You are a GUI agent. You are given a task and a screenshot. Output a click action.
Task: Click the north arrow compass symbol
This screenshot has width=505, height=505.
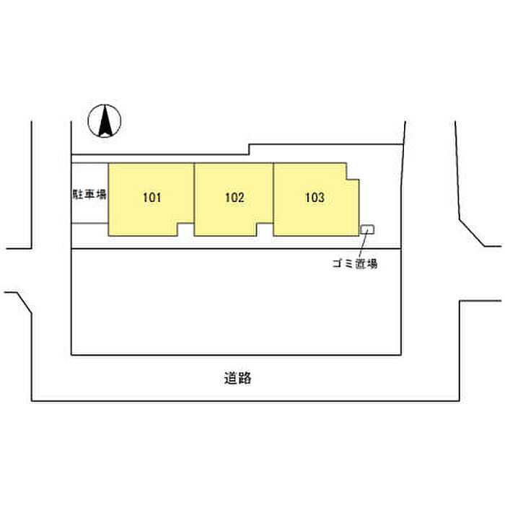pyautogui.click(x=105, y=120)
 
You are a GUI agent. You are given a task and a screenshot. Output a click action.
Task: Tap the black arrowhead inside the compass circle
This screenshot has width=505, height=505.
pyautogui.click(x=105, y=120)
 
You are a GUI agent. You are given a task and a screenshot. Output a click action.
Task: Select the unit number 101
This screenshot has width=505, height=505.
pyautogui.click(x=151, y=198)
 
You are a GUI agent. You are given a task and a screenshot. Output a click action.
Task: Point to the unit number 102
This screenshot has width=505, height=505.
pyautogui.click(x=234, y=198)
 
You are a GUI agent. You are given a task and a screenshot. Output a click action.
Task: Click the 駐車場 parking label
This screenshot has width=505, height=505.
pyautogui.click(x=89, y=194)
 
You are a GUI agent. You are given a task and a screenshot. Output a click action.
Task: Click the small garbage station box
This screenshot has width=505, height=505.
pyautogui.click(x=367, y=229)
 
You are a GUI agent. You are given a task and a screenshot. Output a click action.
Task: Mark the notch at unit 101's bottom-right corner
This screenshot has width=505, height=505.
pyautogui.click(x=186, y=229)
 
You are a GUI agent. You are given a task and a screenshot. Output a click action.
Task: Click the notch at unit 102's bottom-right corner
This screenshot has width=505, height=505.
pyautogui.click(x=264, y=229)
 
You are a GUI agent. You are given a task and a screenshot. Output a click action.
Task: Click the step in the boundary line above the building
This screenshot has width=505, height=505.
pyautogui.click(x=249, y=149)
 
